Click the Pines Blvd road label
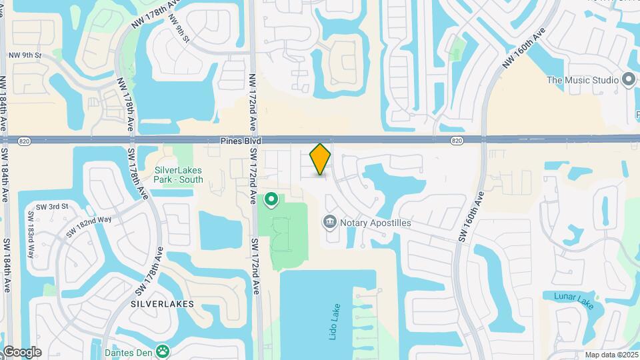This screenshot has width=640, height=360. click(241, 141)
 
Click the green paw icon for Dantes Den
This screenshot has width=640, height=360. click(163, 350)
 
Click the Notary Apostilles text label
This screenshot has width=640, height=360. click(375, 222)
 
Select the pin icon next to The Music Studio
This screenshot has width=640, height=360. click(628, 80)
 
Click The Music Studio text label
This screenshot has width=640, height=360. click(583, 80)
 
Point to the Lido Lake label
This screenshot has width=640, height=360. click(335, 322)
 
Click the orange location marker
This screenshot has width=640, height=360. click(321, 159)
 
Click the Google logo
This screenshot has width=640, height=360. click(22, 351)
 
